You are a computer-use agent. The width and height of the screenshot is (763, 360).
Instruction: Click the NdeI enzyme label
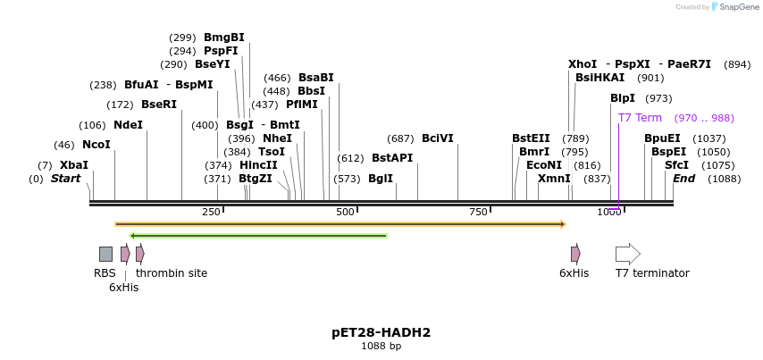[x=128, y=125]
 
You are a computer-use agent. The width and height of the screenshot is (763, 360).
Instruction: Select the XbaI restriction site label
[x=73, y=165]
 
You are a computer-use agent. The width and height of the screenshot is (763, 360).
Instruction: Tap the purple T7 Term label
[x=640, y=118]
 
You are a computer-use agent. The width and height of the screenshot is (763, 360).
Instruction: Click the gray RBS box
[x=105, y=254]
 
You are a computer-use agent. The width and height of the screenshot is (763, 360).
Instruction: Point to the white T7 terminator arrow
[x=627, y=254]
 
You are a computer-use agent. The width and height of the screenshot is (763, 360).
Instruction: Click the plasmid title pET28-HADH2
[x=381, y=332]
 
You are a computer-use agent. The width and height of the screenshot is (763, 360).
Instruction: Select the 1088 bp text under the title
[x=381, y=347]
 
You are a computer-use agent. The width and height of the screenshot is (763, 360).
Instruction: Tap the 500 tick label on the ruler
[x=345, y=212]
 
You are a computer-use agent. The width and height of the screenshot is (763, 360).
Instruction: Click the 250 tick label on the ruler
[x=211, y=212]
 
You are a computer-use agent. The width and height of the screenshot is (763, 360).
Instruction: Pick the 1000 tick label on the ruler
[x=608, y=212]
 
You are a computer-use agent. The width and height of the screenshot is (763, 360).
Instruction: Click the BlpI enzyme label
[x=622, y=98]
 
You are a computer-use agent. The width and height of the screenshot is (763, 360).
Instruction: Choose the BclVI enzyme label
[x=438, y=138]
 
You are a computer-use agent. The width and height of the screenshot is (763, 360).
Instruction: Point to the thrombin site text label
[x=172, y=273]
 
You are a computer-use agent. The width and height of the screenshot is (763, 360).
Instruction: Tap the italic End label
[x=683, y=179]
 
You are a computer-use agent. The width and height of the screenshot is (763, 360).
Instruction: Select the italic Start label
[x=65, y=179]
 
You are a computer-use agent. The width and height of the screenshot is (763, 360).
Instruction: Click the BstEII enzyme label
[x=531, y=138]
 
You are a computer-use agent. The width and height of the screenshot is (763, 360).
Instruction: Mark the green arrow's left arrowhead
[x=133, y=236]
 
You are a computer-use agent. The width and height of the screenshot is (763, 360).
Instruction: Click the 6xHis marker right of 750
[x=575, y=254]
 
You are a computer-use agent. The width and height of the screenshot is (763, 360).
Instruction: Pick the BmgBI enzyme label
[x=223, y=38]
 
